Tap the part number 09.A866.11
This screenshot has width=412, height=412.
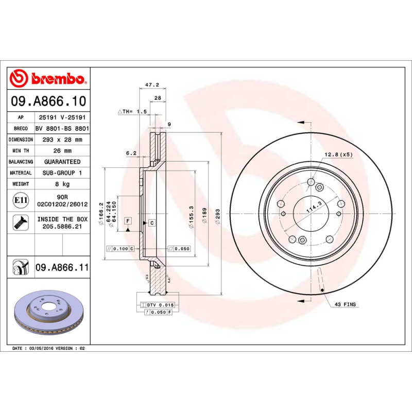[x=62, y=268]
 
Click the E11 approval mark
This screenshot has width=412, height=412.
[x=21, y=200]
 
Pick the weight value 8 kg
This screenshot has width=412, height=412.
[x=62, y=184]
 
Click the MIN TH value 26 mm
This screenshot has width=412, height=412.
[x=62, y=151]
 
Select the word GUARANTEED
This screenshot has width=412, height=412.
[x=62, y=162]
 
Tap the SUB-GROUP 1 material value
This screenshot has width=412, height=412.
[x=62, y=173]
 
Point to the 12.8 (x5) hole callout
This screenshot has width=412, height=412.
[x=338, y=154]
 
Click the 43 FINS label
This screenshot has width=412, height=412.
[x=345, y=305]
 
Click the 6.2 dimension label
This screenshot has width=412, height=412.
[x=131, y=153]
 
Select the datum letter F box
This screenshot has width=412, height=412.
[x=128, y=221]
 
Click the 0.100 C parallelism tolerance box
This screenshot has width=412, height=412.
[x=120, y=248]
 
